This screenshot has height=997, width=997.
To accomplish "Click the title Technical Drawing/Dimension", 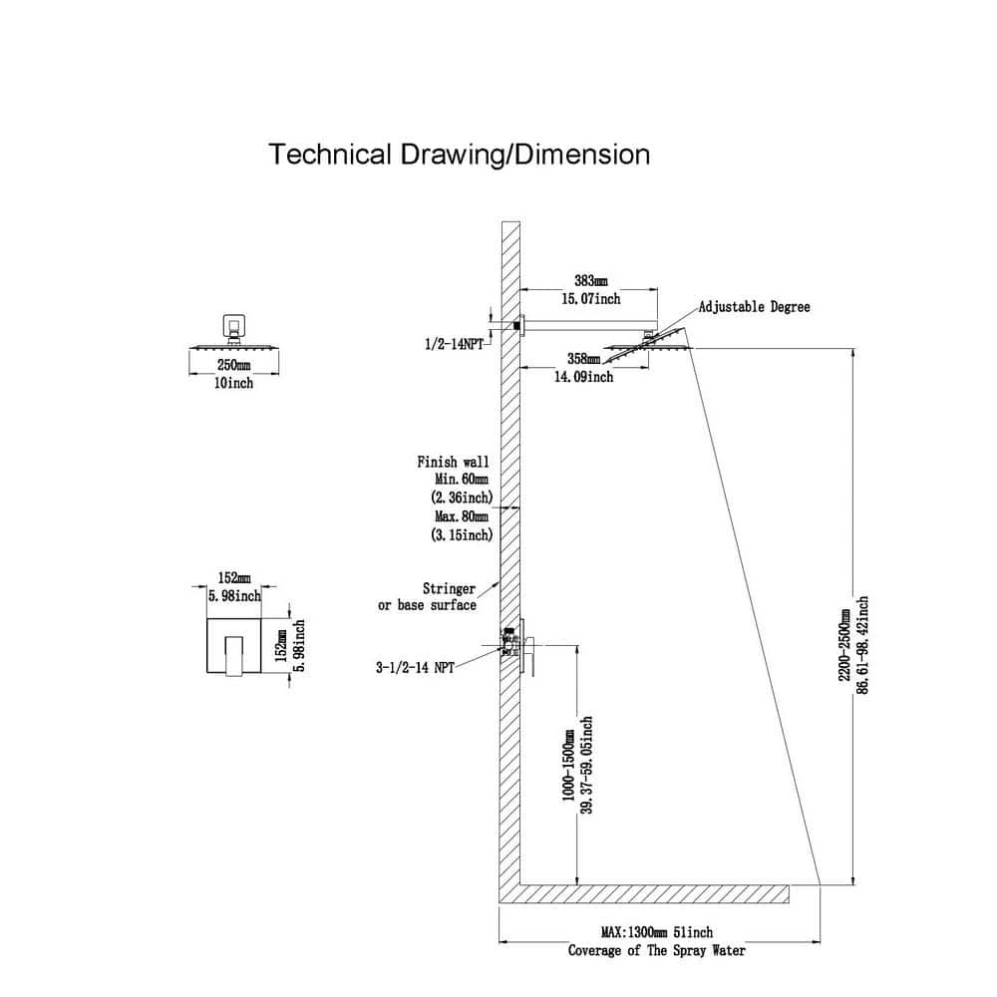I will coord(461,155).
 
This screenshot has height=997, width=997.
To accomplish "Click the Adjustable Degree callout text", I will coord(754,307).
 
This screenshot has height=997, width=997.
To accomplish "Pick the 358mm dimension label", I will coord(583,358).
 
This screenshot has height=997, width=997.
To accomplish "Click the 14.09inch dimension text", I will coord(583,377).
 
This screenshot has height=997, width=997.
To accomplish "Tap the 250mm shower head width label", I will coord(233,366).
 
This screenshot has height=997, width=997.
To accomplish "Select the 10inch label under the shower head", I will coord(233,383).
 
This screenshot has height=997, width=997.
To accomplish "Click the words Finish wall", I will coord(453,462).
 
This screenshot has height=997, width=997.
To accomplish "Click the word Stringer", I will coord(449,589).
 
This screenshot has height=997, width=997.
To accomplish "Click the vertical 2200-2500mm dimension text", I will coord(845,646).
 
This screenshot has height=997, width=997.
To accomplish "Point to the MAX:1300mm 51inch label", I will coord(657,932).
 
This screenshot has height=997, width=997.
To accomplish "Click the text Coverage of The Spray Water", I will coord(657,950).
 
